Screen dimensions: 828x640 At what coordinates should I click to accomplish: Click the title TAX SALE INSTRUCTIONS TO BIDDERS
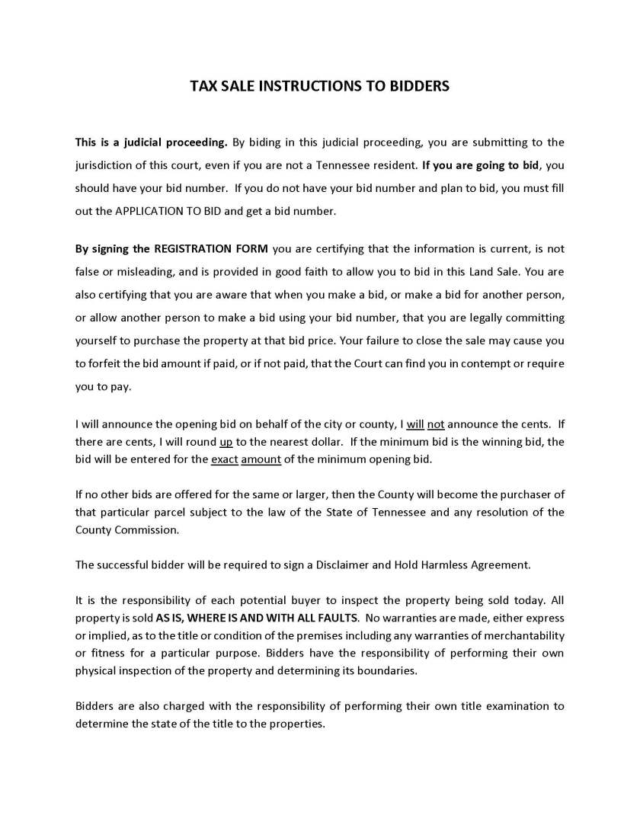pos(319,86)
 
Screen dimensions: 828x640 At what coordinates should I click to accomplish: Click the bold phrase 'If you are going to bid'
pos(482,165)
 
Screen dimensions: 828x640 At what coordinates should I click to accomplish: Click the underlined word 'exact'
pos(224,459)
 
